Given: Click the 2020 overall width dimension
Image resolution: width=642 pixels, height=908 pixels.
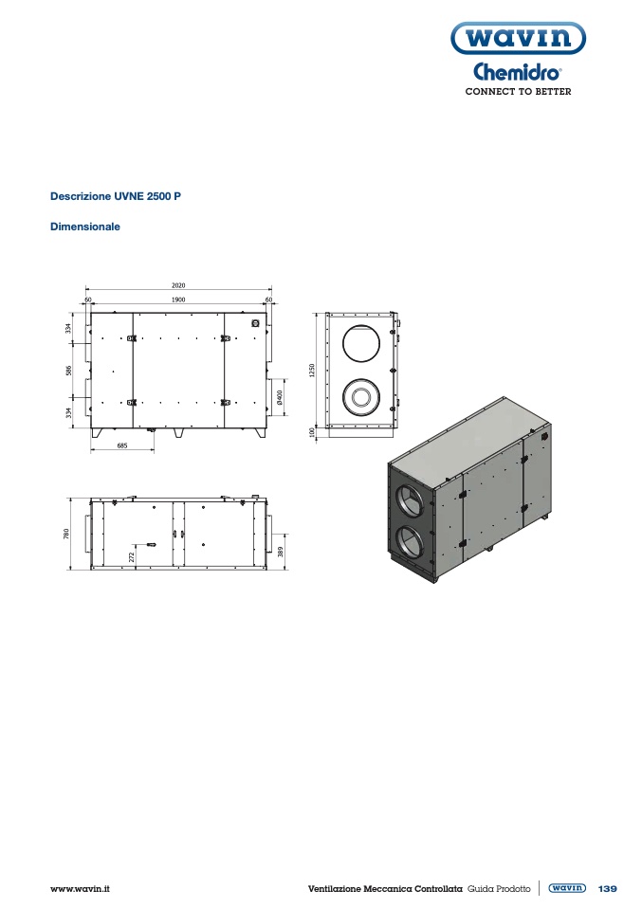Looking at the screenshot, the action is [178, 285].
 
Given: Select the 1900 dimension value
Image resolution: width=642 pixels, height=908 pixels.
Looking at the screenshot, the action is [178, 300].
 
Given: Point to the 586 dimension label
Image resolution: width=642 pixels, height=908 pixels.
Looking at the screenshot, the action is [69, 371].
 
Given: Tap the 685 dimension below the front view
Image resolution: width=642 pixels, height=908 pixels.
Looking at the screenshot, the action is [122, 445].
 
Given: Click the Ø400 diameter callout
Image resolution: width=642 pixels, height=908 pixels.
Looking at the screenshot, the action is [280, 397].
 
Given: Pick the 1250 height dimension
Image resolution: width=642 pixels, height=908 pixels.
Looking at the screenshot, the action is [312, 371].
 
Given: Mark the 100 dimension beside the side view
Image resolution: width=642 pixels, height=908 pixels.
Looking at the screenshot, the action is [312, 432].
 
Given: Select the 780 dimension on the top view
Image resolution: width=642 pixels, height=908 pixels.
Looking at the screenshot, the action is [66, 534].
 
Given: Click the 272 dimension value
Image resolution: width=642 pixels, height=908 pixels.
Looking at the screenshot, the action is [132, 556].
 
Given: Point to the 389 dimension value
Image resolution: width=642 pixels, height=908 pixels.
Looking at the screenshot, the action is [281, 552].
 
